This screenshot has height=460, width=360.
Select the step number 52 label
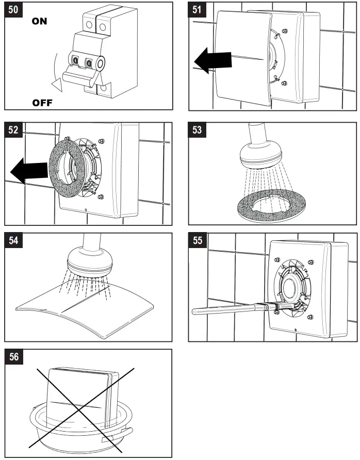[14, 130]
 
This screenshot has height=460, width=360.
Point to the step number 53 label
[198, 130]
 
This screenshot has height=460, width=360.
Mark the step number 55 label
[198, 241]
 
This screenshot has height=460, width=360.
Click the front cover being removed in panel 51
[242, 57]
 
